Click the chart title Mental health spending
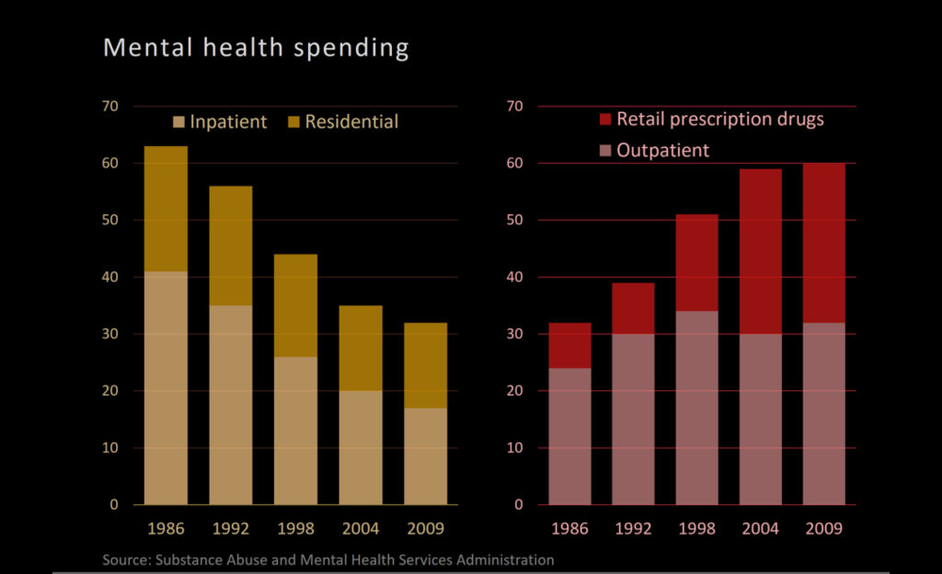pos(255,48)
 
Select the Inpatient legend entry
pos(219,122)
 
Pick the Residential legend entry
pos(342,122)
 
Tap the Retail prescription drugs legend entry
pos(711,119)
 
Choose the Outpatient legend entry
pos(655,150)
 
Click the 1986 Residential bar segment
pos(166,208)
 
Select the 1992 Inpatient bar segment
pos(231,404)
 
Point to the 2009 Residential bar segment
pos(426,365)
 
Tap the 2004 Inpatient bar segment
pos(361,447)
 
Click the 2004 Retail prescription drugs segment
pos(760,252)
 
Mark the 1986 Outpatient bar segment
pos(570,435)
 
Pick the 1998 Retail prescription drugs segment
pos(697,263)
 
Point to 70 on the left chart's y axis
pos(110,107)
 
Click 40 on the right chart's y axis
pos(514,277)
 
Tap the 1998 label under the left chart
pos(296,528)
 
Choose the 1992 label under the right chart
pos(634,528)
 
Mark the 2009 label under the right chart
pos(824,528)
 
